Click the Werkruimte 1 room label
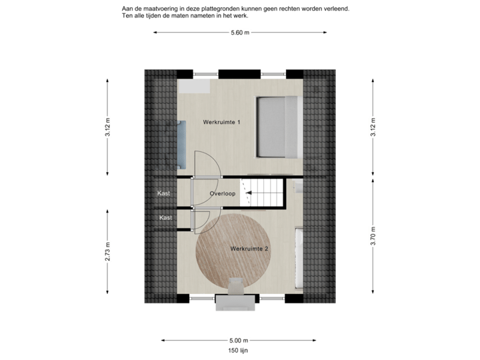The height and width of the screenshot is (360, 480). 221,123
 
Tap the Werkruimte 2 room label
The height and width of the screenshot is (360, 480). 249,249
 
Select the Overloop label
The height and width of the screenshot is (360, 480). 221,194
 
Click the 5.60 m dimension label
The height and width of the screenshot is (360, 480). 240,32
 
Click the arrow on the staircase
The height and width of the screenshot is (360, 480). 250,194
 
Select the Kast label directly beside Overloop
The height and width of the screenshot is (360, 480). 163,193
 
